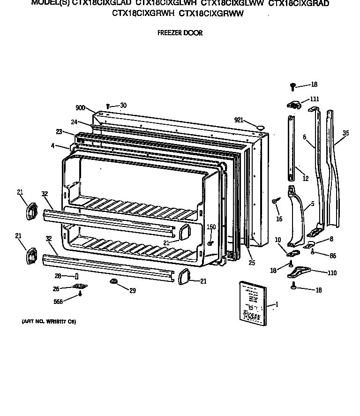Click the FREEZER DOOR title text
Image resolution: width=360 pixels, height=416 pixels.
(180, 33)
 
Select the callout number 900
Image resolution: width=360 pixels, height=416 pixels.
(80, 108)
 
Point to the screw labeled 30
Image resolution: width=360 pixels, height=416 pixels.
(108, 106)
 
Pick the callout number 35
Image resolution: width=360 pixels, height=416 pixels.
(345, 133)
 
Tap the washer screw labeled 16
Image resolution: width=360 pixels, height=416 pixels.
(276, 201)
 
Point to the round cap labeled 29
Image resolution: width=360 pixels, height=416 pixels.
(113, 281)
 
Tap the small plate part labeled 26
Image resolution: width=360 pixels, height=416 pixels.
(79, 287)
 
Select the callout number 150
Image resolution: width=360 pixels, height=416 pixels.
(211, 227)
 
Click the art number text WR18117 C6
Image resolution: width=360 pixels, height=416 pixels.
(49, 322)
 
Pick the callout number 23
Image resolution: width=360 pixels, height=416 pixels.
(59, 132)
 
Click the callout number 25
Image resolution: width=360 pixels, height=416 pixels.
(252, 263)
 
